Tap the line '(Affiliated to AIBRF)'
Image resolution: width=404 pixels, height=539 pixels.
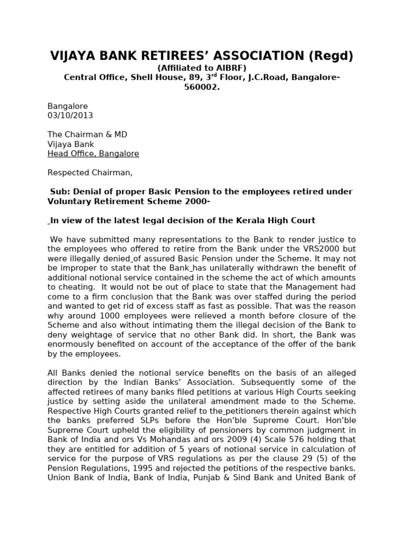pos(202,68)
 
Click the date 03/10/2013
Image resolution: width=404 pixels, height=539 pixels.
pos(70,116)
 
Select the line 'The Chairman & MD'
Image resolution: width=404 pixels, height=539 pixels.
pos(87,135)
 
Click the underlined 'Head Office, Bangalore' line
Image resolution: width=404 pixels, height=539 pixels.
pos(93,154)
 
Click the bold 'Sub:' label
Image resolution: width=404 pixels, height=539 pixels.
pos(60,192)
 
